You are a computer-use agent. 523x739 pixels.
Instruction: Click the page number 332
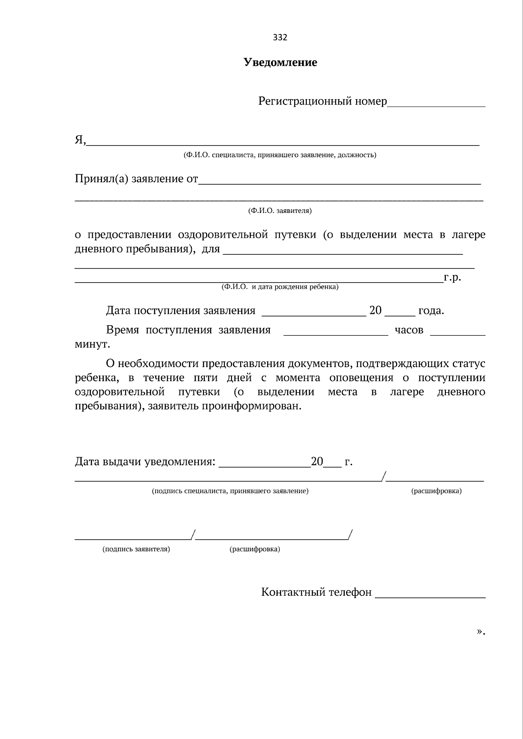[x=280, y=37]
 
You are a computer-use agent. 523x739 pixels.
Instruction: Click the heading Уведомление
[x=280, y=62]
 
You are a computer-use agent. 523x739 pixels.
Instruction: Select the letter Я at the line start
[x=79, y=140]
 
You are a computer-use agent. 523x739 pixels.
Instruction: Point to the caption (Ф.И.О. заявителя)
[x=280, y=211]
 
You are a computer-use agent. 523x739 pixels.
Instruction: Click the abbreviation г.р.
[x=452, y=277]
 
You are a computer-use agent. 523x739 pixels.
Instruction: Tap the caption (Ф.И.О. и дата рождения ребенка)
[x=280, y=287]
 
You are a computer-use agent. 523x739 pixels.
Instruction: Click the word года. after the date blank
[x=431, y=311]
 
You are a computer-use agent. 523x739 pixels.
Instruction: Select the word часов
[x=409, y=330]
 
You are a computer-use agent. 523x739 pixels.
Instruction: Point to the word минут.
[x=92, y=344]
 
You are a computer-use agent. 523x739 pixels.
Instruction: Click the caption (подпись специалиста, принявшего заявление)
[x=230, y=491]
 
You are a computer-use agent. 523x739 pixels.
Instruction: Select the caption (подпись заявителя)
[x=136, y=549]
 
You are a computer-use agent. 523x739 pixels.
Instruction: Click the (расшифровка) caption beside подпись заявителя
[x=255, y=549]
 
